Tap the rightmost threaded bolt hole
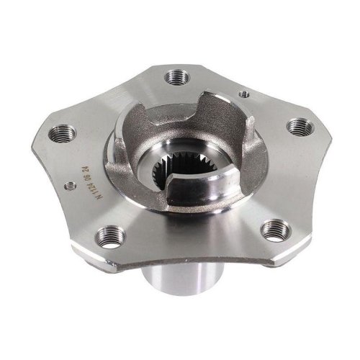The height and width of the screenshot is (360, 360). [299, 127]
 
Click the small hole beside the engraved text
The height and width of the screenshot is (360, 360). [70, 186]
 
